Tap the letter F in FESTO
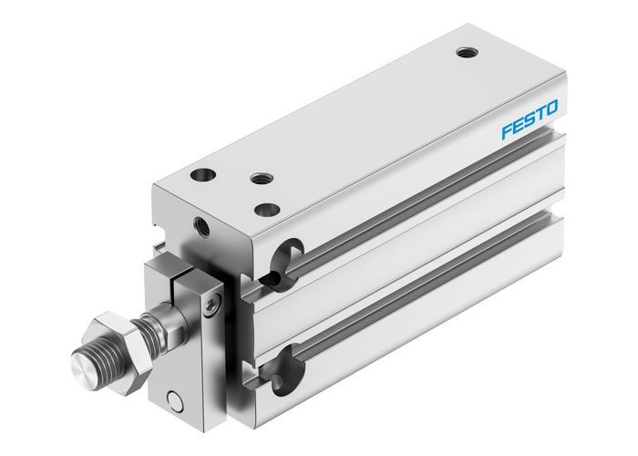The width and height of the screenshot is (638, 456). (x=507, y=133)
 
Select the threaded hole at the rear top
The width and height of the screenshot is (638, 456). (x=468, y=52)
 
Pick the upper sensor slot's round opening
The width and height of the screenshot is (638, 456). (x=291, y=254)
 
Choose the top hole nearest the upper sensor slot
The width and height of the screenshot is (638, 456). (x=267, y=210)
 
